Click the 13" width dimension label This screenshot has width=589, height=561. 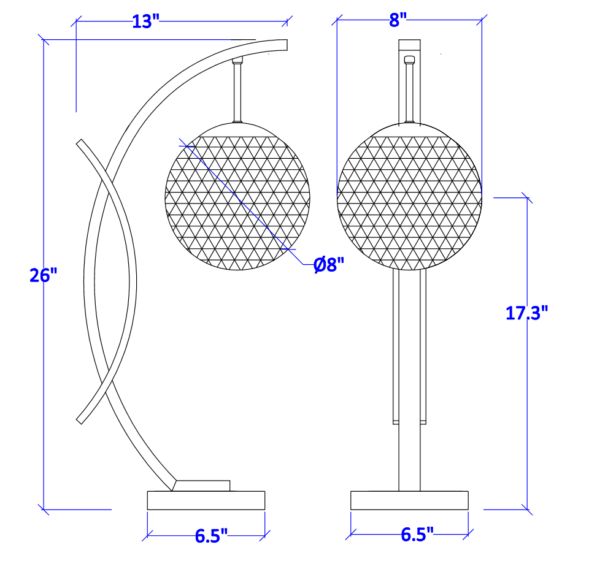pos(146,21)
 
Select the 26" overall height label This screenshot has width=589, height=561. pos(43,275)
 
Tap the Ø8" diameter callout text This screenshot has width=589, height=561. pos(329,265)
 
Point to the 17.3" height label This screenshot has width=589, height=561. pos(526,313)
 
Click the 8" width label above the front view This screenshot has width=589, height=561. pos(398,20)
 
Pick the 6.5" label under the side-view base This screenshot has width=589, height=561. pos(211,535)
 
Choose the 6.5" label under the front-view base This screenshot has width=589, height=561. pos(417,535)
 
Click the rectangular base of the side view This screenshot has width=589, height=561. pos(206,500)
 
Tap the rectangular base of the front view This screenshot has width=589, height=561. pos(409,500)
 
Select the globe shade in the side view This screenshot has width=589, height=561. pos(237,196)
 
